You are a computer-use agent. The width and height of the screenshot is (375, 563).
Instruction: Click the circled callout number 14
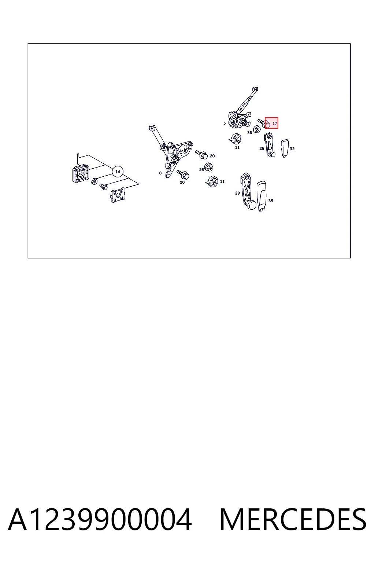[x=118, y=172]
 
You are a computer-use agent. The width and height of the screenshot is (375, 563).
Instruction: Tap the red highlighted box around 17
[x=271, y=123]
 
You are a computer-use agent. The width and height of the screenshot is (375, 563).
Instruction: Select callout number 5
[x=224, y=123]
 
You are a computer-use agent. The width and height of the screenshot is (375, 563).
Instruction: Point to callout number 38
[x=249, y=133]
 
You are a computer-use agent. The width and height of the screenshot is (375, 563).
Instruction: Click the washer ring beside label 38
[x=256, y=129]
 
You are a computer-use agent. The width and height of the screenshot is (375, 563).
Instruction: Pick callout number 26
[x=262, y=148]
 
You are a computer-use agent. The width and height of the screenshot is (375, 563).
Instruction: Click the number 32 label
[x=292, y=149]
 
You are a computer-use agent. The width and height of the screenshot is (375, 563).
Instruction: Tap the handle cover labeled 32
[x=285, y=148]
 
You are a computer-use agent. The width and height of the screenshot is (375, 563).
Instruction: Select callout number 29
[x=237, y=193]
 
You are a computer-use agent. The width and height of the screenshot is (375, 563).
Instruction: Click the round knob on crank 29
[x=252, y=205]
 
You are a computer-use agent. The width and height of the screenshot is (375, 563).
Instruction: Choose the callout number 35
[x=271, y=201]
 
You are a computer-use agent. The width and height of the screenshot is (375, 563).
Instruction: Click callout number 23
[x=201, y=170]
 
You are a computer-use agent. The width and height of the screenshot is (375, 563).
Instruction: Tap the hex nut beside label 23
[x=209, y=167]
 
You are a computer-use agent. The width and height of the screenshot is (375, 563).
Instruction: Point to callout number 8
[x=160, y=173]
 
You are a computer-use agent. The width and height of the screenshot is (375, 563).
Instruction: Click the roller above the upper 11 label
[x=235, y=139]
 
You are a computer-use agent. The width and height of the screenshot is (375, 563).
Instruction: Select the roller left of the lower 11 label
[x=212, y=181]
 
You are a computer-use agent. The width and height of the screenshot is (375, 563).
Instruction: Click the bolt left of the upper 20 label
[x=201, y=154]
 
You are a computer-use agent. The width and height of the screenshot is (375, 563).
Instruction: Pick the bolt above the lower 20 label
[x=183, y=174]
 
